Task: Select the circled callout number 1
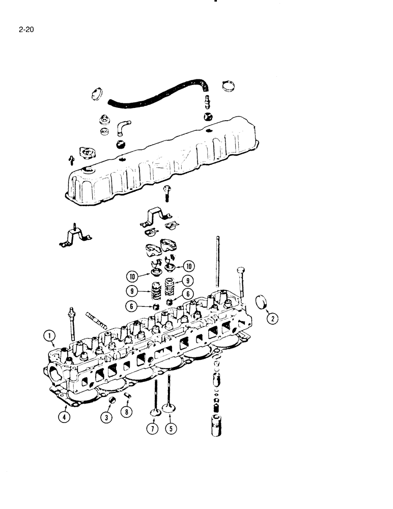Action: pyautogui.click(x=49, y=335)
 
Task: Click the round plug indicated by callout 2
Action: pyautogui.click(x=260, y=301)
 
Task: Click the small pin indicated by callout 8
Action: pyautogui.click(x=127, y=396)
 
